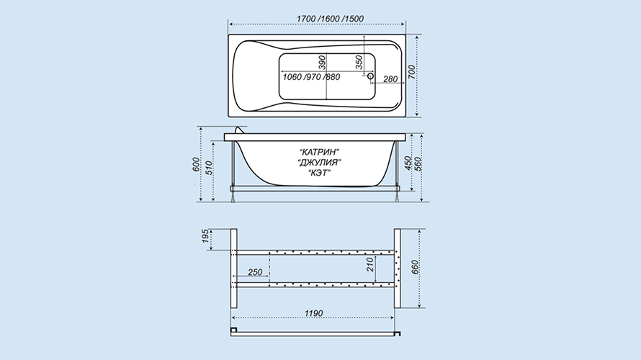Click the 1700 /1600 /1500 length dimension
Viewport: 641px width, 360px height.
point(330,19)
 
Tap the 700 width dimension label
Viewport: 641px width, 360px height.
point(412,72)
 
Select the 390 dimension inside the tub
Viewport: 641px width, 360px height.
point(322,63)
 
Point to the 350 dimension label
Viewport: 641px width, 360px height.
point(359,63)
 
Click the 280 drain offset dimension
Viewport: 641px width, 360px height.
point(390,79)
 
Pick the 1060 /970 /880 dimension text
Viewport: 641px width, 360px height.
point(311,77)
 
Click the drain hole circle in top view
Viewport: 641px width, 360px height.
point(370,76)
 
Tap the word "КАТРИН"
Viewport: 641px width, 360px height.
point(319,153)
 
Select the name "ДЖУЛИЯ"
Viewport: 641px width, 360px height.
point(320,163)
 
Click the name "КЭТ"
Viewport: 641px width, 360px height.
point(319,173)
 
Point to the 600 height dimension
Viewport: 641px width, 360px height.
point(196,164)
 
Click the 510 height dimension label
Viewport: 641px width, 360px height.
point(208,168)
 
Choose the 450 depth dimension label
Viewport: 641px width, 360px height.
point(407,163)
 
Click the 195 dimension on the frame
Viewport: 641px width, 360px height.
point(206,236)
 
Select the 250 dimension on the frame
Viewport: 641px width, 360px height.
point(255,272)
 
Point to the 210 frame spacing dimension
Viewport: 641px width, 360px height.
point(370,264)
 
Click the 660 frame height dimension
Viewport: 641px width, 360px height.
point(415,267)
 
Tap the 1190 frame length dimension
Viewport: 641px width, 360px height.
point(313,313)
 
